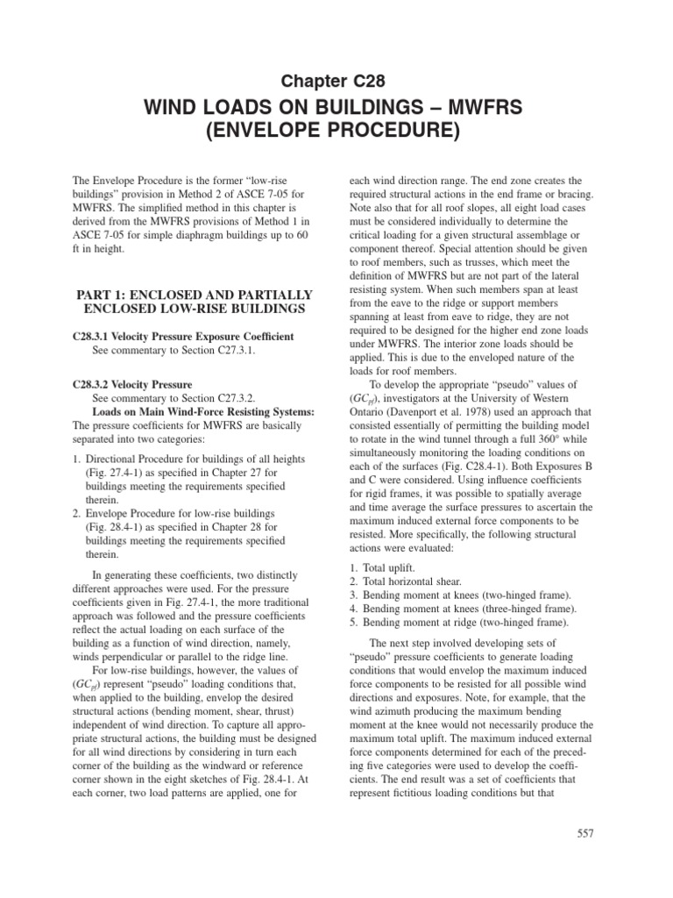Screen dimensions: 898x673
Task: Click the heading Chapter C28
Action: (x=336, y=82)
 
